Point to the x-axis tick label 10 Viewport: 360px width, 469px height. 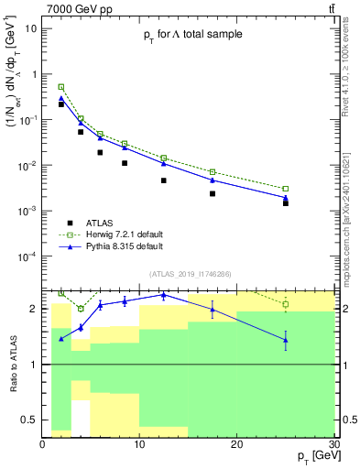point(139,444)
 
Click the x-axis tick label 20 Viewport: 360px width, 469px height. point(236,444)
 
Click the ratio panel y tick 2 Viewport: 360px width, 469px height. point(34,309)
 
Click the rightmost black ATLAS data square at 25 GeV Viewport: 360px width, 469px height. point(285,203)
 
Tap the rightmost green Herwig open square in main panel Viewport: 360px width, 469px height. point(285,189)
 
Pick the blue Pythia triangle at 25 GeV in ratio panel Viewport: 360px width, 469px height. point(285,340)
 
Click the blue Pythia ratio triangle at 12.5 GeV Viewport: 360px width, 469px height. point(163,295)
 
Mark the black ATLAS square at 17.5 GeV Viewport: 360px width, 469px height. point(213,193)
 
